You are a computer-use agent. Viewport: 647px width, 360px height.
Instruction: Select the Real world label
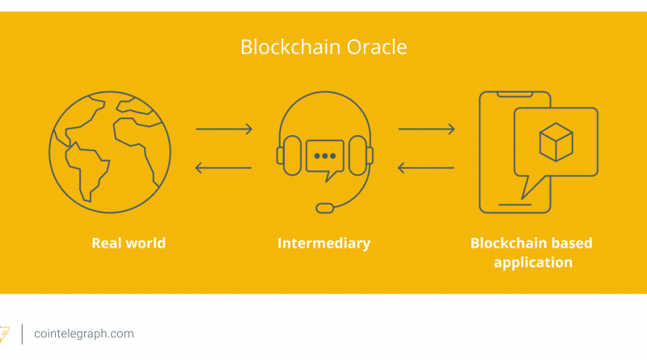(x=129, y=243)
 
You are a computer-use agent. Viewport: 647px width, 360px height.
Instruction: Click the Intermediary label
(x=323, y=243)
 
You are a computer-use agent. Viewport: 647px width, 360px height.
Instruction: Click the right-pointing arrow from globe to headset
(x=224, y=129)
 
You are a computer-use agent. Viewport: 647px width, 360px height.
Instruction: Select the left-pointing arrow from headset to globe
(x=224, y=168)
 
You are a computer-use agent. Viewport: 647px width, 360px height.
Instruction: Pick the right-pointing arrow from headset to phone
(x=426, y=129)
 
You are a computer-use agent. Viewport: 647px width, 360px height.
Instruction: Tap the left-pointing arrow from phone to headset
(x=426, y=168)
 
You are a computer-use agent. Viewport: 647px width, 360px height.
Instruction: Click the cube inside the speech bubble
(x=555, y=143)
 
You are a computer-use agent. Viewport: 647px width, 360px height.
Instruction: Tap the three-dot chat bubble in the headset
(x=324, y=155)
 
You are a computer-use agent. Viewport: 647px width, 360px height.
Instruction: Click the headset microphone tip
(x=324, y=207)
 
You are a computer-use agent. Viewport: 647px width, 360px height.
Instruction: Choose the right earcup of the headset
(x=367, y=155)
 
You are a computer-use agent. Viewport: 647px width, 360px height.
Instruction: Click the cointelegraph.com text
(x=84, y=333)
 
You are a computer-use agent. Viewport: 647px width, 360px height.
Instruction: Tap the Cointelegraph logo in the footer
(x=5, y=333)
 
